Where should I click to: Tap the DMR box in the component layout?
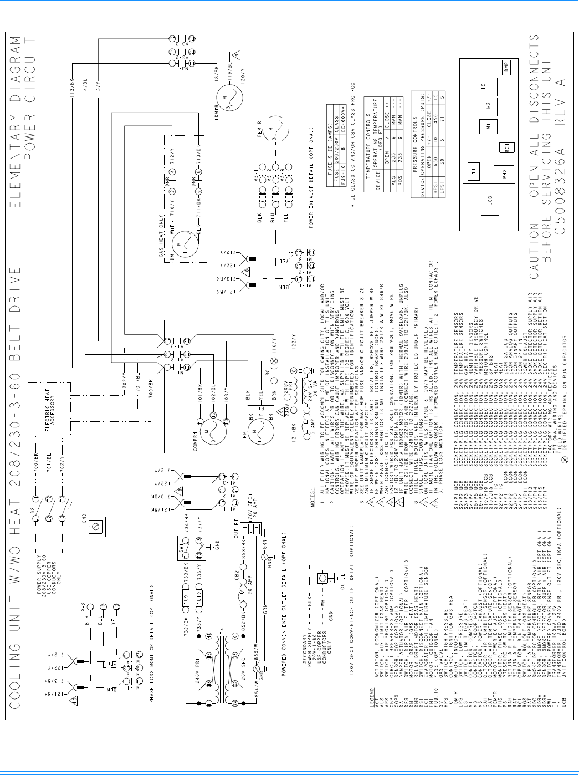click(x=506, y=67)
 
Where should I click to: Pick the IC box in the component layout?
click(x=483, y=87)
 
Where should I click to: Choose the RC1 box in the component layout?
click(x=505, y=147)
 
